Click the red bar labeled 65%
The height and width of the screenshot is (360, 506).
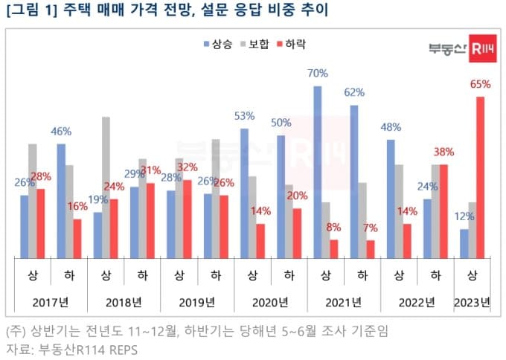pos(480,178)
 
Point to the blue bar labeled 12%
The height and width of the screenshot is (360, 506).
pos(464,244)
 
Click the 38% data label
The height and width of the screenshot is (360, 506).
pos(443,152)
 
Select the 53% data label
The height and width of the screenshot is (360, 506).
pos(244,116)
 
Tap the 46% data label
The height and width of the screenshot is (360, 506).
pos(61,132)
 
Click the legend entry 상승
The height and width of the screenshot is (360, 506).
pos(217,44)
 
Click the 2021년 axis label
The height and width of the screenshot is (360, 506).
pos(344,302)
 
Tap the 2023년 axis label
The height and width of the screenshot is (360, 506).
pos(473,302)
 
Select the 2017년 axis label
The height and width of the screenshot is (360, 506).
pos(50,302)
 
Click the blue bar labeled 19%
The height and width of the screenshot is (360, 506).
pos(97,235)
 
